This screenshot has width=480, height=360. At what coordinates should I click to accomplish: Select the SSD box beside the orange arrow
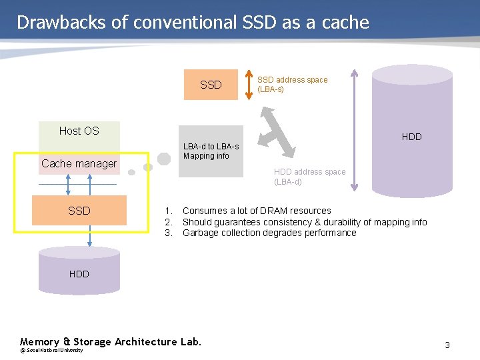point(211,85)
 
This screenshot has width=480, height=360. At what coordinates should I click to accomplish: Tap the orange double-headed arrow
point(249,83)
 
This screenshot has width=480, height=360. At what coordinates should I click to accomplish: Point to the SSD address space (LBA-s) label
point(292,84)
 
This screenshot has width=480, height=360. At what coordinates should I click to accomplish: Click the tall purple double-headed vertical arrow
point(354,129)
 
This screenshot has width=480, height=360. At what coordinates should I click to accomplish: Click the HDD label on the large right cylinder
point(411,137)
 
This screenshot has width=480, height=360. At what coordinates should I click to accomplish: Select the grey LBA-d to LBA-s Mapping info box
point(211,151)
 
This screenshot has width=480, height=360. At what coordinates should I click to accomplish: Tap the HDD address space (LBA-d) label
point(309,177)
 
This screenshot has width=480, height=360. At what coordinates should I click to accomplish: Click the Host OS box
point(79,131)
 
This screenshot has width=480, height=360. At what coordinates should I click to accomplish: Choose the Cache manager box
point(79,163)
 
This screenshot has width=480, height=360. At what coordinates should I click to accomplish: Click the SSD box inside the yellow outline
point(79,211)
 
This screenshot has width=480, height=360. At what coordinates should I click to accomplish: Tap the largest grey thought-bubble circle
point(163,159)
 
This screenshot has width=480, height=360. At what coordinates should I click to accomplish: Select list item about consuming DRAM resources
point(256,211)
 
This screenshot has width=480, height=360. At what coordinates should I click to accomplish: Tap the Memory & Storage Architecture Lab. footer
point(110,341)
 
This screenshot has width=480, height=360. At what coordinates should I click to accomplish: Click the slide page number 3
point(447,345)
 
